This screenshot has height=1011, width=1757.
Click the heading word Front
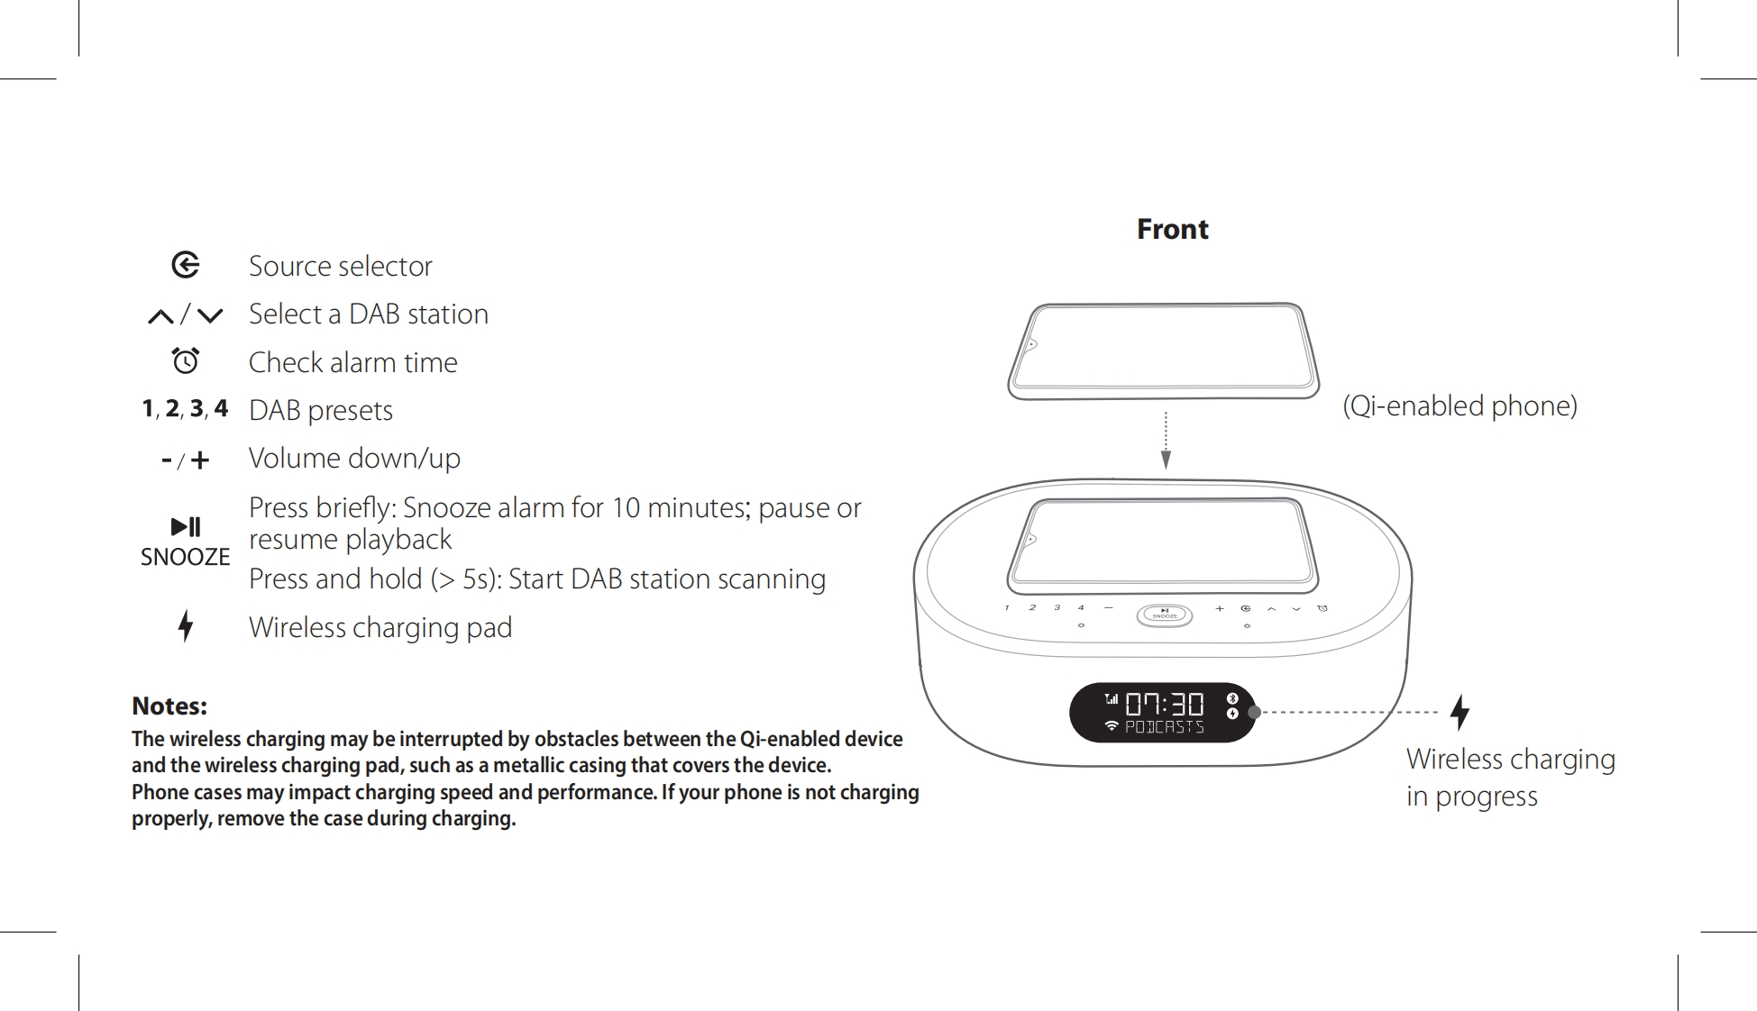pyautogui.click(x=1172, y=229)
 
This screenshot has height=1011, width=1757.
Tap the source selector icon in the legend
pyautogui.click(x=186, y=265)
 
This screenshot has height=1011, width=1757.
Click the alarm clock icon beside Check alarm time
pyautogui.click(x=186, y=360)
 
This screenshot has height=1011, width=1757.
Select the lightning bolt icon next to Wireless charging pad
pyautogui.click(x=186, y=625)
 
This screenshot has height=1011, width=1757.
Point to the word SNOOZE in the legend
pyautogui.click(x=185, y=557)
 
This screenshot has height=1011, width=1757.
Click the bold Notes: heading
pyautogui.click(x=169, y=706)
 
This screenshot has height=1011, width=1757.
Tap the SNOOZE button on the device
pyautogui.click(x=1165, y=615)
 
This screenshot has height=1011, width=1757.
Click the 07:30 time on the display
pyautogui.click(x=1164, y=703)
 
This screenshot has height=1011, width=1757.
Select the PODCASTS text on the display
pyautogui.click(x=1164, y=727)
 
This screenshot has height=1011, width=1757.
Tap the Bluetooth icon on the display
pyautogui.click(x=1232, y=698)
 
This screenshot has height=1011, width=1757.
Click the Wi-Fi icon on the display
pyautogui.click(x=1112, y=726)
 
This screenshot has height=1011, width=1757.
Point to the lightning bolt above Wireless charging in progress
pyautogui.click(x=1460, y=712)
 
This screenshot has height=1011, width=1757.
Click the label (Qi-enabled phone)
pyautogui.click(x=1460, y=405)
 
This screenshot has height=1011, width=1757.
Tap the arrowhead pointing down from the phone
pyautogui.click(x=1166, y=460)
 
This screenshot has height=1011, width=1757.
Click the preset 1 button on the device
pyautogui.click(x=1007, y=607)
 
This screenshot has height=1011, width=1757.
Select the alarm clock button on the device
pyautogui.click(x=1322, y=608)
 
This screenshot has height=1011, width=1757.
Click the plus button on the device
pyautogui.click(x=1220, y=608)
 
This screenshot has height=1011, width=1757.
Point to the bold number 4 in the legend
pyautogui.click(x=221, y=408)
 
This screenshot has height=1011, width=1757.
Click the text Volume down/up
pyautogui.click(x=354, y=458)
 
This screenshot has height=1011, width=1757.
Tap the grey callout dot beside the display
pyautogui.click(x=1254, y=712)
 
